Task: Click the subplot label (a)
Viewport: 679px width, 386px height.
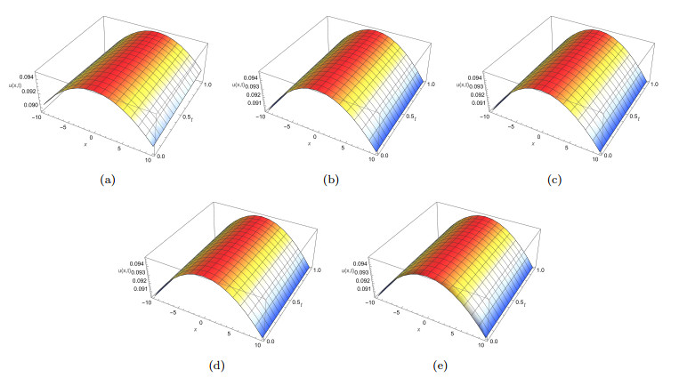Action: point(109,179)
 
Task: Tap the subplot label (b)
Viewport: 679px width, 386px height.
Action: point(331,179)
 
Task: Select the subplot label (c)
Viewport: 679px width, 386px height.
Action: point(554,179)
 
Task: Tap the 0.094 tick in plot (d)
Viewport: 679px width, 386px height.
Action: point(133,264)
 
